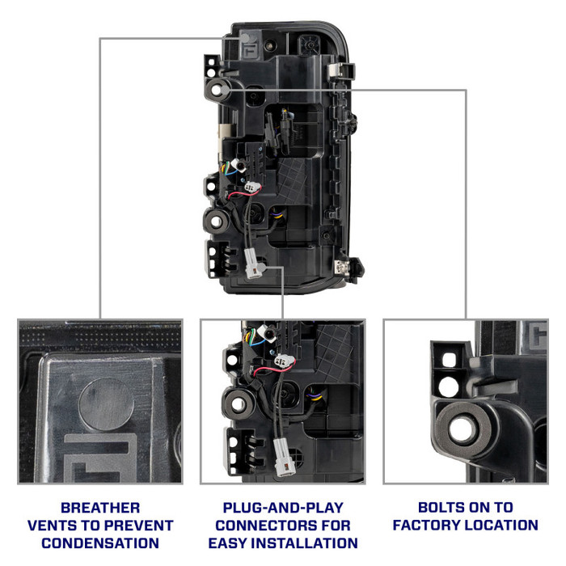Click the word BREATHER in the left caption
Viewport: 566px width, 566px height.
point(100,508)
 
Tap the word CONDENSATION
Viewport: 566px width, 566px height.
point(100,543)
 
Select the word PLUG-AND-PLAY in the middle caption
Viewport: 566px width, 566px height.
point(283,508)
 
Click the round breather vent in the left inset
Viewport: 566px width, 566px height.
point(107,404)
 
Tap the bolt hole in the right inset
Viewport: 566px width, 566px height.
point(462,429)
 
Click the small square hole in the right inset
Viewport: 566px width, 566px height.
point(449,360)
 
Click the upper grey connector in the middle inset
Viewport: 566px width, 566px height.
point(285,361)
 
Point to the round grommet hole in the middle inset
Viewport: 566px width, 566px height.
point(239,404)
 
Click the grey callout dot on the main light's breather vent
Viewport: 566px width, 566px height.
point(245,38)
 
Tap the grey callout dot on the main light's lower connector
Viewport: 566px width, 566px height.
point(261,268)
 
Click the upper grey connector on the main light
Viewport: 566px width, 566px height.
point(252,186)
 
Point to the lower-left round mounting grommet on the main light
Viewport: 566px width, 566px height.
point(216,222)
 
